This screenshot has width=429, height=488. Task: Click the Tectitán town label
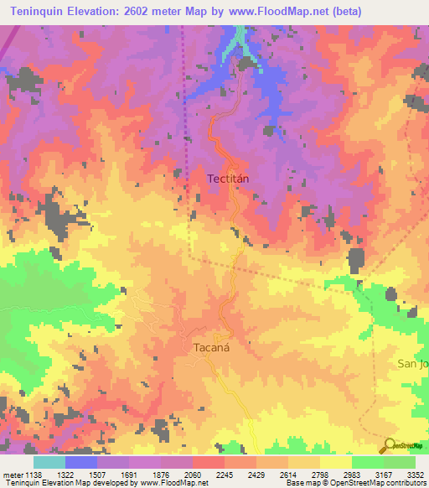pos(230,179)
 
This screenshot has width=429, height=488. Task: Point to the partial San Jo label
pos(412,364)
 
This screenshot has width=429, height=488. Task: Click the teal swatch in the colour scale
pos(49,462)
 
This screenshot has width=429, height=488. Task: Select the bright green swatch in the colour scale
pos(367,462)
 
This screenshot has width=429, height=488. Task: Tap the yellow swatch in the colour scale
pos(335,462)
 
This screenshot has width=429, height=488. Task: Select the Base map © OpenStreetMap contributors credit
pos(355,483)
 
